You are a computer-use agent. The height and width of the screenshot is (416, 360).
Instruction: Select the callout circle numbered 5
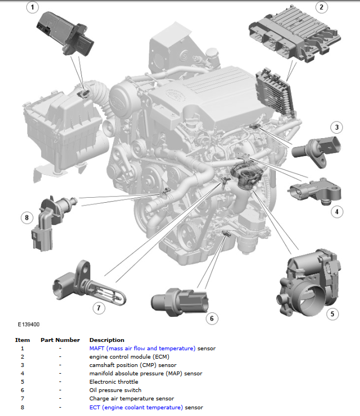pyautogui.click(x=332, y=314)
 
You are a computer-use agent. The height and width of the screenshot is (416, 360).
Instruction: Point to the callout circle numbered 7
pyautogui.click(x=98, y=307)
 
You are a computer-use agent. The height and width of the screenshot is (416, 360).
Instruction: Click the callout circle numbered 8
pyautogui.click(x=26, y=217)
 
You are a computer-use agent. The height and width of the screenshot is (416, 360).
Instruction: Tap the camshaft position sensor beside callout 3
pyautogui.click(x=315, y=150)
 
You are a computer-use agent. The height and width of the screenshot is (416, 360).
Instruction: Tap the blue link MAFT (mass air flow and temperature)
pyautogui.click(x=142, y=348)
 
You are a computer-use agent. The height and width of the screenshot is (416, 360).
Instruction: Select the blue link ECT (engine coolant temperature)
pyautogui.click(x=136, y=407)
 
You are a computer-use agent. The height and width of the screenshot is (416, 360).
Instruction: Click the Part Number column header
pyautogui.click(x=60, y=340)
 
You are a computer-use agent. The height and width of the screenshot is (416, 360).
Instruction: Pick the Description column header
pyautogui.click(x=107, y=340)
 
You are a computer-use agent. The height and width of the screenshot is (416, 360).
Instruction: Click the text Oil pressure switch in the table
pyautogui.click(x=115, y=390)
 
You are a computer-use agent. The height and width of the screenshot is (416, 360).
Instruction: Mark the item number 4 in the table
pyautogui.click(x=22, y=373)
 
